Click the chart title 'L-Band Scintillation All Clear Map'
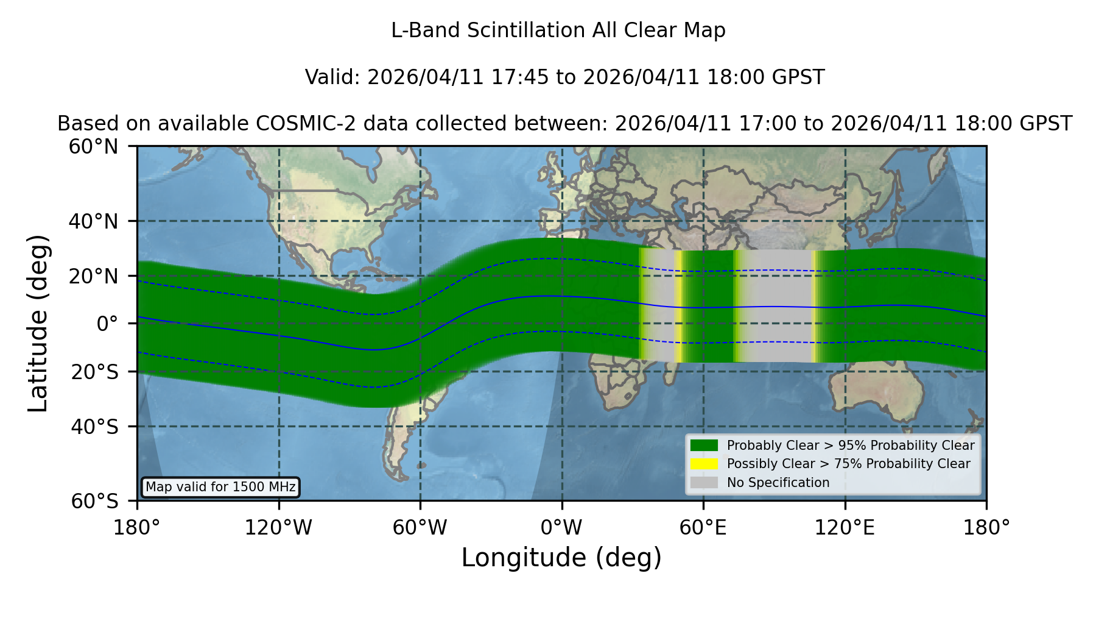click(558, 30)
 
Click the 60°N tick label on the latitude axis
click(94, 147)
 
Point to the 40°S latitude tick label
click(94, 427)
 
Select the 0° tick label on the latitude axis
click(107, 324)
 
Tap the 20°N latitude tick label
click(94, 276)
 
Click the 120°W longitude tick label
click(278, 527)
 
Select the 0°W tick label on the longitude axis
click(561, 527)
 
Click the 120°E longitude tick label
click(845, 527)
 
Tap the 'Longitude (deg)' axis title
click(561, 558)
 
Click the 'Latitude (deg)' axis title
click(38, 323)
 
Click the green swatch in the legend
click(704, 446)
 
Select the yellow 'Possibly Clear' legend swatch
click(704, 464)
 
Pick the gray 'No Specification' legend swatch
click(704, 483)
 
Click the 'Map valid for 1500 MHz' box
click(220, 487)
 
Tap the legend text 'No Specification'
click(778, 483)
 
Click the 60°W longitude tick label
click(420, 527)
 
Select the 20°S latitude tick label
click(94, 372)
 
